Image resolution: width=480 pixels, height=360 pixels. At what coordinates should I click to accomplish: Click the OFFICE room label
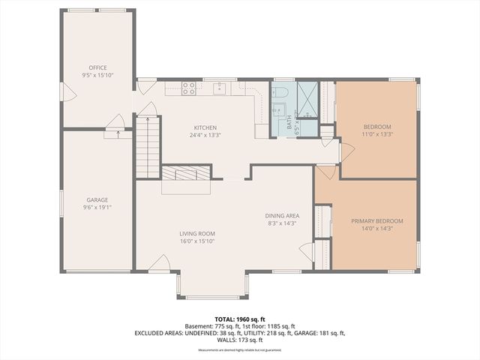pyautogui.click(x=97, y=68)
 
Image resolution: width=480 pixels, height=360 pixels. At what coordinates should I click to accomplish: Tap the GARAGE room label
pyautogui.click(x=97, y=199)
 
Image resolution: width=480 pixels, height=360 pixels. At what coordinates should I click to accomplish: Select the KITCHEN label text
pyautogui.click(x=205, y=127)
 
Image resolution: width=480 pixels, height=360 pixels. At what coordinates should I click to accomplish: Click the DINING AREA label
pyautogui.click(x=283, y=215)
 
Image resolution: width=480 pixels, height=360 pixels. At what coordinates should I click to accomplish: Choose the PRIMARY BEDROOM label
pyautogui.click(x=377, y=220)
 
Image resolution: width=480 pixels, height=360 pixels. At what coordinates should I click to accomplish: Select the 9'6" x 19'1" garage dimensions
pyautogui.click(x=97, y=208)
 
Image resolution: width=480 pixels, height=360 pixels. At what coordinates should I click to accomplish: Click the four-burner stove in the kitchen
pyautogui.click(x=190, y=88)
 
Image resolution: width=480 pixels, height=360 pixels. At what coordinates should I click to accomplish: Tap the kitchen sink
pyautogui.click(x=220, y=88)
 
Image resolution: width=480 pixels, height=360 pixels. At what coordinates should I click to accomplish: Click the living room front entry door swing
pyautogui.click(x=160, y=262)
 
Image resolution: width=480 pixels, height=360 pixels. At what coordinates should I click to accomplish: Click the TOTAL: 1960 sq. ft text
pyautogui.click(x=240, y=319)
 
